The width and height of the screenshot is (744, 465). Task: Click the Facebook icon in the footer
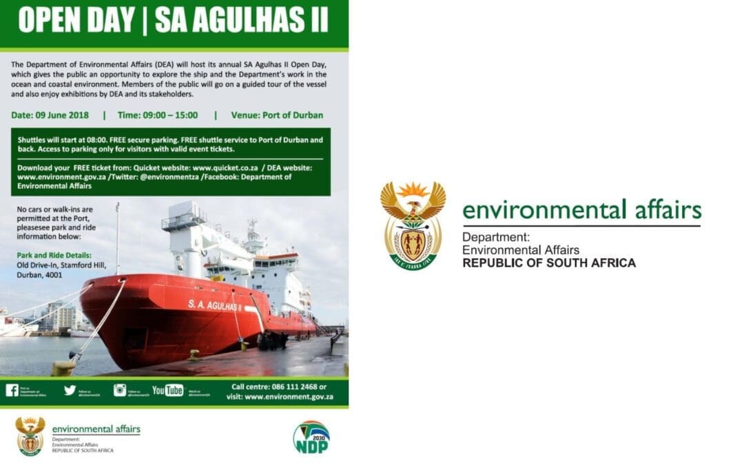[12, 391]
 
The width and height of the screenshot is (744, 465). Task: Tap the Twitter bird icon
[70, 390]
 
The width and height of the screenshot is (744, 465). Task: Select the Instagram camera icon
[120, 390]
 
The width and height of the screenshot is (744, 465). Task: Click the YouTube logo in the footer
[167, 391]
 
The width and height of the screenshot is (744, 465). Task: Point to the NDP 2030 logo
[311, 437]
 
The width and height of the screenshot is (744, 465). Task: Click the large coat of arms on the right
[413, 225]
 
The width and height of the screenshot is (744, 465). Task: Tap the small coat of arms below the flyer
[30, 435]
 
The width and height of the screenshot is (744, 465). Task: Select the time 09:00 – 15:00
[158, 115]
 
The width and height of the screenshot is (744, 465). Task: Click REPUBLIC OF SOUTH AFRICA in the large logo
[549, 263]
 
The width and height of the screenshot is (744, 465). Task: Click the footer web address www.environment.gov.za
[289, 397]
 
